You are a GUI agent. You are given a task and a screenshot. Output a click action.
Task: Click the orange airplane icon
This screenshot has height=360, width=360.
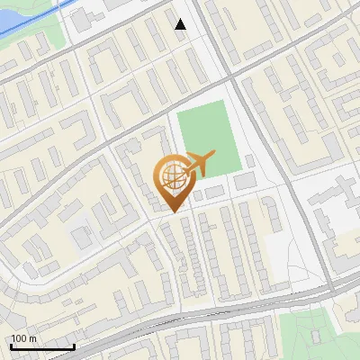[197, 164]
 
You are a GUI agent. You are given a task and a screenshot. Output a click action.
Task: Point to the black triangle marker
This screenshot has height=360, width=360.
[181, 24]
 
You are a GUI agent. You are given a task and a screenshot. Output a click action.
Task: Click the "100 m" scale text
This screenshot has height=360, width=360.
[23, 338]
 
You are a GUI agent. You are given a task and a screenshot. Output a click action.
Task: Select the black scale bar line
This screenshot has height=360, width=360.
[42, 347]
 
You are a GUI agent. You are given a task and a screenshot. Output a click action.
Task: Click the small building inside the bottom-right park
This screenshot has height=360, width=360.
[316, 336]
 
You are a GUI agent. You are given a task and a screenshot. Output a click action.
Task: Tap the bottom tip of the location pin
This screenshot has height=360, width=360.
[171, 211]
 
